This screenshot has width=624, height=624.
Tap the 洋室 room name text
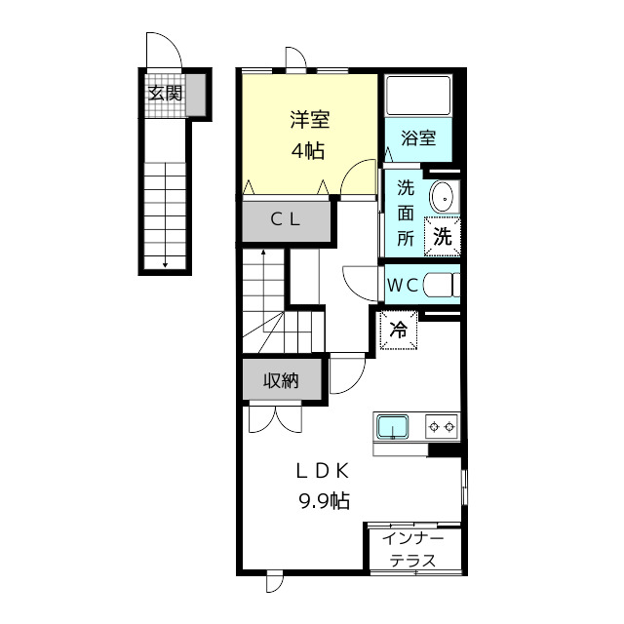[308, 121]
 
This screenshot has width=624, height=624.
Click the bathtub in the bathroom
[417, 97]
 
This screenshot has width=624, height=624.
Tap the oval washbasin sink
[442, 196]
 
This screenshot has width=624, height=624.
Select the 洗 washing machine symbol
[442, 236]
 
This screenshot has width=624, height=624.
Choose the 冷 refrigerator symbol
[398, 330]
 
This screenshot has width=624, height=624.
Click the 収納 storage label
[280, 380]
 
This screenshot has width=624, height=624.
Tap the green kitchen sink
[393, 427]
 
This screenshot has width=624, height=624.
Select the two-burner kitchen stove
[441, 426]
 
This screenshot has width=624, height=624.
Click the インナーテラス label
[413, 550]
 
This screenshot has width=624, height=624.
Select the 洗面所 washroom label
[406, 213]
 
